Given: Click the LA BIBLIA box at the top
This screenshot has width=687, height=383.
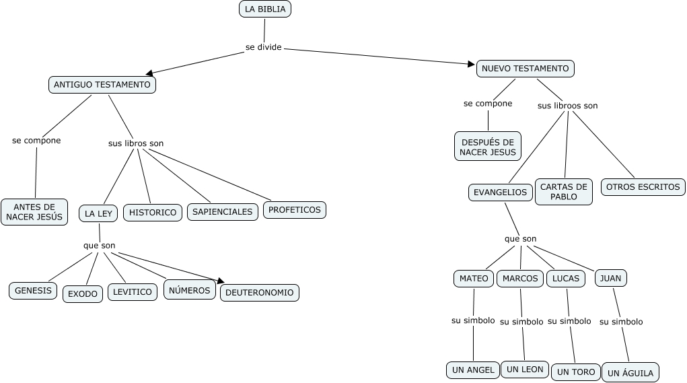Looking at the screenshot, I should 265,9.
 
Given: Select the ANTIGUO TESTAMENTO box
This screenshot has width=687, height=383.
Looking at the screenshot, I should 102,85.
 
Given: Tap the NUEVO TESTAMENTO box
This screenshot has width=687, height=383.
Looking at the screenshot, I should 525,68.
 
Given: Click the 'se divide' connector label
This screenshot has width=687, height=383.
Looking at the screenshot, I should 263,47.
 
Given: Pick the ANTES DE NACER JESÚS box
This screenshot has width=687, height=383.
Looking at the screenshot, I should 34,211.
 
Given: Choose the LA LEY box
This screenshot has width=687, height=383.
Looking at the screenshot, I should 98,213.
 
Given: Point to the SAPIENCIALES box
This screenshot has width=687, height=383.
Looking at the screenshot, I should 222,211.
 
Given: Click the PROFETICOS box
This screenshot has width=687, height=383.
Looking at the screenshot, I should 295,210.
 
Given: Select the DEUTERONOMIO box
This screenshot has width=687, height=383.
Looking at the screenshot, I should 259,293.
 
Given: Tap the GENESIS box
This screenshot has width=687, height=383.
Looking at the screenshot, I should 33,291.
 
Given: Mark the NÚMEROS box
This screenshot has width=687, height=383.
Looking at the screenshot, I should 190,290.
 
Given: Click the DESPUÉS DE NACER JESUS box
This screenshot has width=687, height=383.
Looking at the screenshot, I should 488,146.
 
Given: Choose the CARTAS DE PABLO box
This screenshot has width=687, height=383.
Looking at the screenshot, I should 564,192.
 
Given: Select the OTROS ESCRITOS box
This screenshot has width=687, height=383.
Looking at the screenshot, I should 643,186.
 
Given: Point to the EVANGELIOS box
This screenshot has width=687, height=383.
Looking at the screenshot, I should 500,192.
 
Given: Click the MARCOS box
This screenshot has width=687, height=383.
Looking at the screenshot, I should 520,278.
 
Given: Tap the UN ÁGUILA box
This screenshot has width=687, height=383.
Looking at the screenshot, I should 630,373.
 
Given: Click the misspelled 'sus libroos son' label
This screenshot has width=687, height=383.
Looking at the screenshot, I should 567,106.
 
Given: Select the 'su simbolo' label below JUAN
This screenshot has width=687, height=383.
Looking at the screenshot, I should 621,322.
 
